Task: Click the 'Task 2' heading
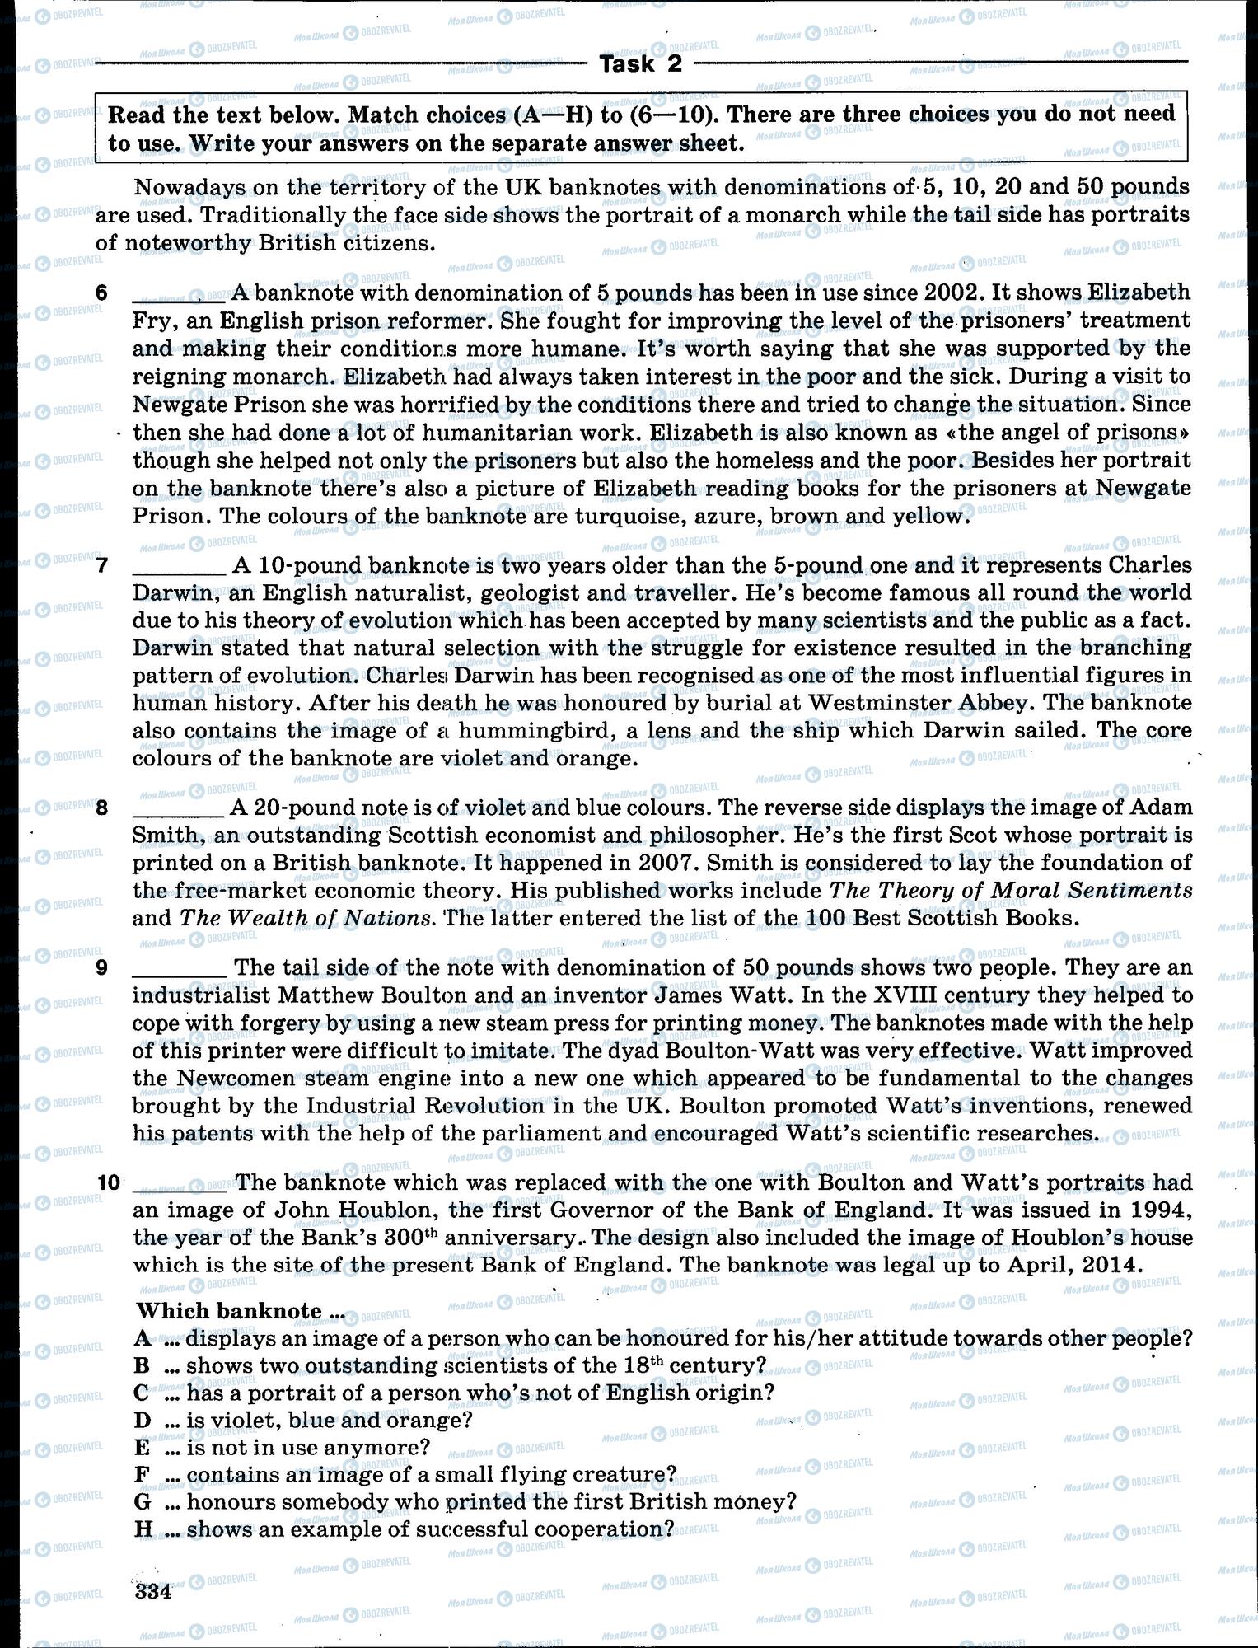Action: click(x=641, y=64)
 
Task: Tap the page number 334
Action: click(x=152, y=1591)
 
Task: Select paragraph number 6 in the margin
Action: click(x=101, y=293)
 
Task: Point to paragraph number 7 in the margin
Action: click(x=102, y=565)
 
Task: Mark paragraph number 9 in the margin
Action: click(x=102, y=967)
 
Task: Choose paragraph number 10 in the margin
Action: click(x=109, y=1183)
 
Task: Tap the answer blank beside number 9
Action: click(x=178, y=969)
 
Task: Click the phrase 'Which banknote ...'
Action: click(x=240, y=1311)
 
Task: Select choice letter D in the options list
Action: click(x=142, y=1420)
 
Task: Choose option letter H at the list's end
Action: click(x=143, y=1529)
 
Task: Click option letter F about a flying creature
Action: click(x=142, y=1474)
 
